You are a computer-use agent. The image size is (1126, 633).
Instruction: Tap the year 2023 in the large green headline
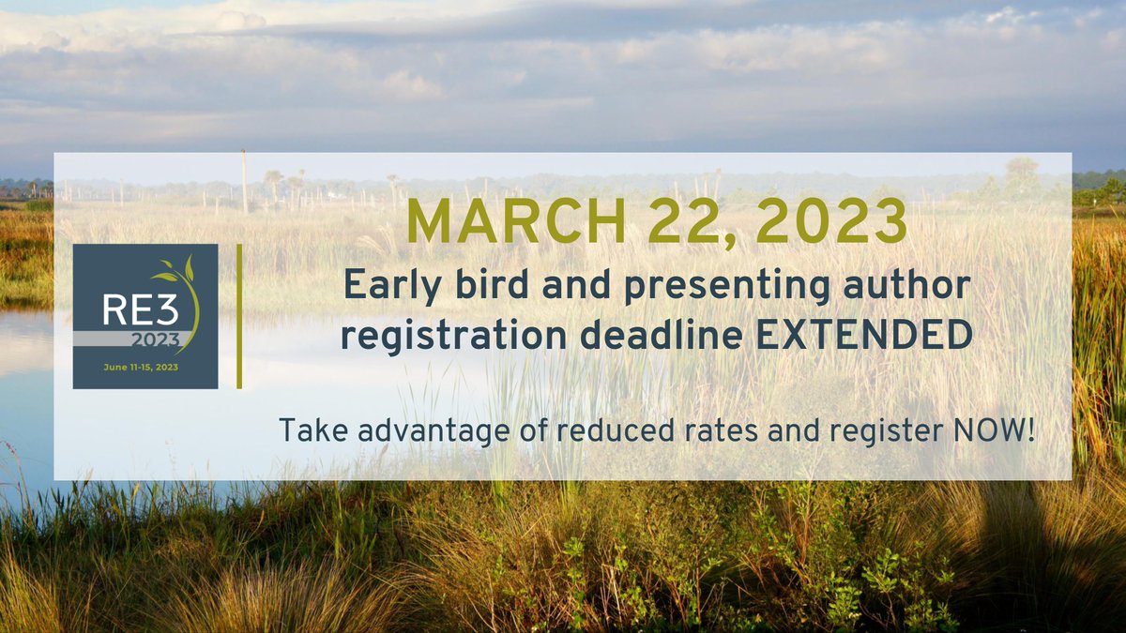click(x=833, y=222)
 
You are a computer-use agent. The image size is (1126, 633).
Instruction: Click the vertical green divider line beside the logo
click(x=239, y=316)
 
